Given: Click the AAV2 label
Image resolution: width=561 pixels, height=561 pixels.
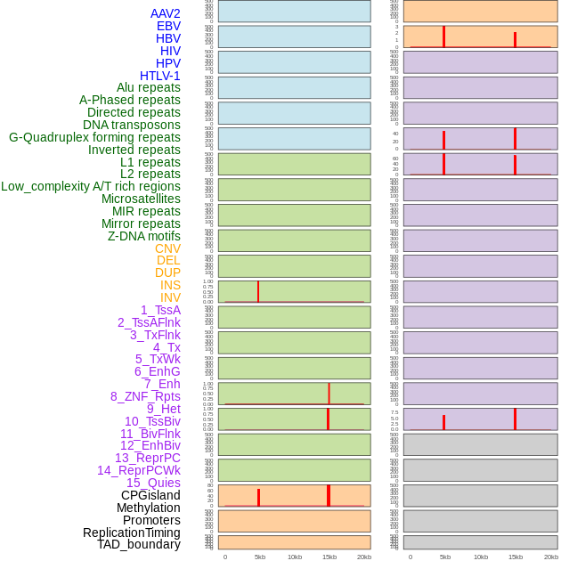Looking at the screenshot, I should click(166, 13).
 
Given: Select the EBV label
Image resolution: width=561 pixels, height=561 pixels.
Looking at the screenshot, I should click(168, 26).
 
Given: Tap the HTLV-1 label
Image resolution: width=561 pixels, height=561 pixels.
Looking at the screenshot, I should click(160, 76).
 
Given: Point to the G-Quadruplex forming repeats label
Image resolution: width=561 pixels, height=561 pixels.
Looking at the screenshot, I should click(94, 137).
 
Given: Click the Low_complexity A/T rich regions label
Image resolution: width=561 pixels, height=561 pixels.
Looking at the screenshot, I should click(91, 186).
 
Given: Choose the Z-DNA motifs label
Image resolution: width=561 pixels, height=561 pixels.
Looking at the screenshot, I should click(144, 236).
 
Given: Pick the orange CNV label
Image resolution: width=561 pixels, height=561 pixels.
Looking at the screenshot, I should click(167, 248).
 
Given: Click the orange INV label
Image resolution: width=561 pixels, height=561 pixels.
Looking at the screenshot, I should click(170, 297).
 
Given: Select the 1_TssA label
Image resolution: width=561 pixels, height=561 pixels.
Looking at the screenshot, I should click(160, 310).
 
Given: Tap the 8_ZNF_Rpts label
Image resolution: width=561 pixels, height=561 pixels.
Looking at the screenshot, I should click(145, 396).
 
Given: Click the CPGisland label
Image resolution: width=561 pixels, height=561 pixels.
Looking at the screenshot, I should click(150, 495).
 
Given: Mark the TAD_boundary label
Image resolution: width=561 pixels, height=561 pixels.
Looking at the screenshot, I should click(139, 544).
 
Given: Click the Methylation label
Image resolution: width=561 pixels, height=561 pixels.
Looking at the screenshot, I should click(149, 508).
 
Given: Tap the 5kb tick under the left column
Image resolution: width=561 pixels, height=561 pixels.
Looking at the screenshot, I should click(260, 557).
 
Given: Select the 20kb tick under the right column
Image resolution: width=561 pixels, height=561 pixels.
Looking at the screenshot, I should click(550, 557).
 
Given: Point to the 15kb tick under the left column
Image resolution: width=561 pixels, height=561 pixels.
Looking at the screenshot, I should click(329, 557).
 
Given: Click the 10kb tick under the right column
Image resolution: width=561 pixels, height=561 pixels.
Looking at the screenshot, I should click(480, 557).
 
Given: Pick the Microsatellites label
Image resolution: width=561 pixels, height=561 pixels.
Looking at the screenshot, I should click(141, 199).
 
